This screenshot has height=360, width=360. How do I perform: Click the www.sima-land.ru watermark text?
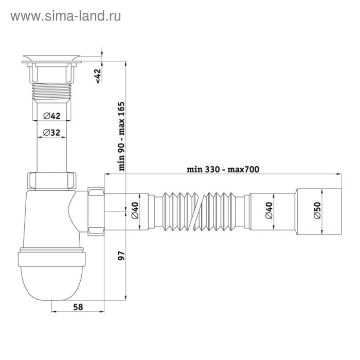[x=65, y=16]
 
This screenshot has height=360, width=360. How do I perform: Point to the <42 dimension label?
[x=98, y=75]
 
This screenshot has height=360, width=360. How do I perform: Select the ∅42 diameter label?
[x=53, y=115]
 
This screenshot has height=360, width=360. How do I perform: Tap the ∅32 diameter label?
[x=53, y=133]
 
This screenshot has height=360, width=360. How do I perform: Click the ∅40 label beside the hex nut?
[x=135, y=211]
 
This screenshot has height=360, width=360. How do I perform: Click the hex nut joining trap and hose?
[x=96, y=210]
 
